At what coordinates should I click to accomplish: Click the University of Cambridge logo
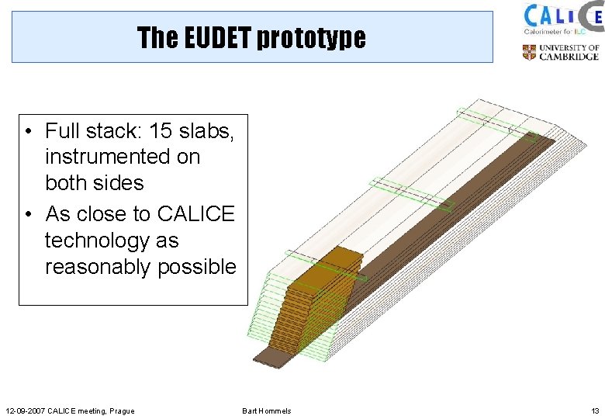560,53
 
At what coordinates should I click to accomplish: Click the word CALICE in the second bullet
195,213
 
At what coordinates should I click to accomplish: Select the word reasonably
98,267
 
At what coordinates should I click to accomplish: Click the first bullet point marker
28,131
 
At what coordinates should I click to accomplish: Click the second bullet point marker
28,214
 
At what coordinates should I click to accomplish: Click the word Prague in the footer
122,410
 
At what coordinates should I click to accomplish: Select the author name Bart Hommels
267,410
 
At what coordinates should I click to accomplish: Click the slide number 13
594,410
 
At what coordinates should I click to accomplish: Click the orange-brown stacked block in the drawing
318,295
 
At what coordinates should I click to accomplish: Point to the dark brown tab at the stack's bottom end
270,355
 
